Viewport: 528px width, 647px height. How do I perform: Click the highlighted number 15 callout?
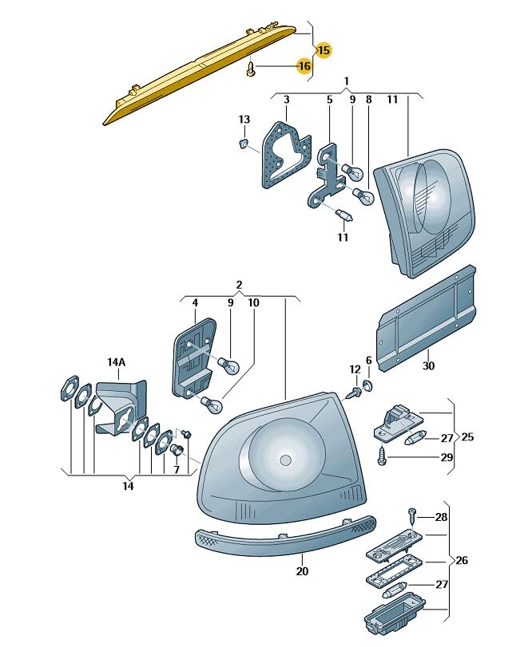coord(323,49)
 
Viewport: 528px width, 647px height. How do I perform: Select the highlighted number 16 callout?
coord(304,65)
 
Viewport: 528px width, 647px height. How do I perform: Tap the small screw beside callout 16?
coord(251,69)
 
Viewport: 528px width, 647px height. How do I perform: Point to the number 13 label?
coord(244,119)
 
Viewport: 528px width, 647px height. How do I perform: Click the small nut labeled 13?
coord(242,143)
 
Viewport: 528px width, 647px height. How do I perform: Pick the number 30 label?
coord(430,366)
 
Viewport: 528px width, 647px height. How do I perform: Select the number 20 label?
coord(301,571)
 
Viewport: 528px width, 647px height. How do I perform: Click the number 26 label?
coord(461,561)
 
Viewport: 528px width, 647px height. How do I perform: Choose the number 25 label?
coord(468,437)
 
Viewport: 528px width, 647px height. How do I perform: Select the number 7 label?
coord(177,470)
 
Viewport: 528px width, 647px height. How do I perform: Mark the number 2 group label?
coord(238,285)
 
